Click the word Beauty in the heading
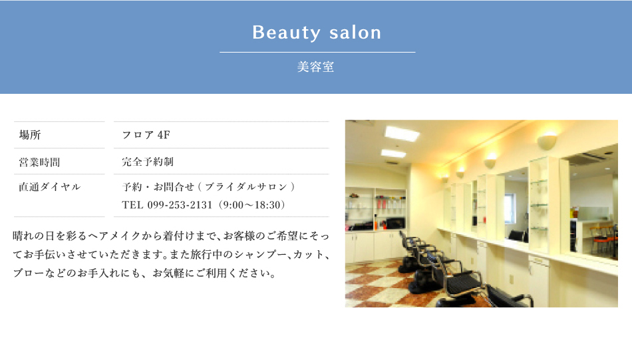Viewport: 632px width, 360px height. tap(286, 33)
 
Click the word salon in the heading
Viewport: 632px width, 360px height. tap(355, 33)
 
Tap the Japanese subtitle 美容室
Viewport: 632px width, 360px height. tap(315, 67)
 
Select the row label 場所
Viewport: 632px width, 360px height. tap(30, 134)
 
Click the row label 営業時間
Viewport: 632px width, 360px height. tap(39, 162)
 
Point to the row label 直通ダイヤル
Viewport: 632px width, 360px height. tap(50, 186)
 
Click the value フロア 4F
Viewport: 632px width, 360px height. tap(146, 134)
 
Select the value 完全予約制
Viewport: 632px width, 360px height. tap(148, 162)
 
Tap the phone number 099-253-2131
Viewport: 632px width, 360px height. tap(180, 205)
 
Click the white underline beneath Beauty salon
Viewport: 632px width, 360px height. tap(317, 52)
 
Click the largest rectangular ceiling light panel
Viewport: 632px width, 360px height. tap(402, 134)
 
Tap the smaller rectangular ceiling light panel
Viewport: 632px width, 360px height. tap(393, 153)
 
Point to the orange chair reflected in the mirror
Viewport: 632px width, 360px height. tap(603, 238)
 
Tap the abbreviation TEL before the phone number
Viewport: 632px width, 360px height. tap(132, 205)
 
